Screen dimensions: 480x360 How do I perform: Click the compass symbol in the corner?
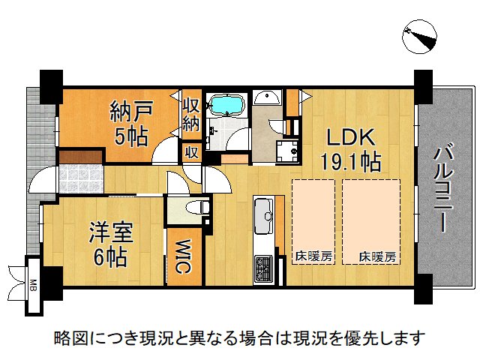pyautogui.click(x=419, y=37)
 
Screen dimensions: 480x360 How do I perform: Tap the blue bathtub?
pyautogui.click(x=227, y=105)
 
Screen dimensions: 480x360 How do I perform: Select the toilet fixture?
pyautogui.click(x=197, y=208)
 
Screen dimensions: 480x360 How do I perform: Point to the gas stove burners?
pyautogui.click(x=263, y=268)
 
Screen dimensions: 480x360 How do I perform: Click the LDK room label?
pyautogui.click(x=351, y=137)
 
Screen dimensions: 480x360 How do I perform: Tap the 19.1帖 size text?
pyautogui.click(x=351, y=161)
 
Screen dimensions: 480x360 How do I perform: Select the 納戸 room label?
pyautogui.click(x=131, y=112)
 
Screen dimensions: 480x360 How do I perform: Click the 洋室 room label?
pyautogui.click(x=111, y=232)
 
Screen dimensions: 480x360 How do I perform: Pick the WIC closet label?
pyautogui.click(x=183, y=256)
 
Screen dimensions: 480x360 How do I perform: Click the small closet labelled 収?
pyautogui.click(x=192, y=152)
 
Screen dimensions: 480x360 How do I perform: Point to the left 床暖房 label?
pyautogui.click(x=313, y=256)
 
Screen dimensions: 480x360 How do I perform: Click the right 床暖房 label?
pyautogui.click(x=377, y=256)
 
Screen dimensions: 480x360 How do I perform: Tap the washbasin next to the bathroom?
pyautogui.click(x=267, y=97)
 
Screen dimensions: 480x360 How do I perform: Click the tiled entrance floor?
pyautogui.click(x=81, y=178)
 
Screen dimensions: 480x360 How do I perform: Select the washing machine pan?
pyautogui.click(x=287, y=151)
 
